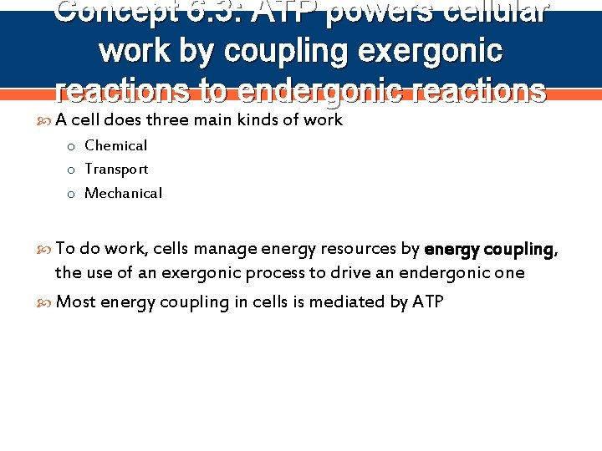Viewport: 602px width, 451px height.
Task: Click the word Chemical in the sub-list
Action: click(x=115, y=145)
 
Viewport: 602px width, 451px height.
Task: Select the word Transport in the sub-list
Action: click(x=116, y=169)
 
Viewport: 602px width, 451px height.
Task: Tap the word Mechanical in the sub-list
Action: click(x=123, y=193)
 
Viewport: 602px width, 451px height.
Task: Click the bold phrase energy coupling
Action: click(x=488, y=249)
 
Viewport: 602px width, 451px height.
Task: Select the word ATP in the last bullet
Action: click(x=428, y=302)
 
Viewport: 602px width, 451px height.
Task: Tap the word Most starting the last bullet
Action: click(x=75, y=302)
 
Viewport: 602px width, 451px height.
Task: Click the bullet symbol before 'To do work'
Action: click(x=46, y=249)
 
